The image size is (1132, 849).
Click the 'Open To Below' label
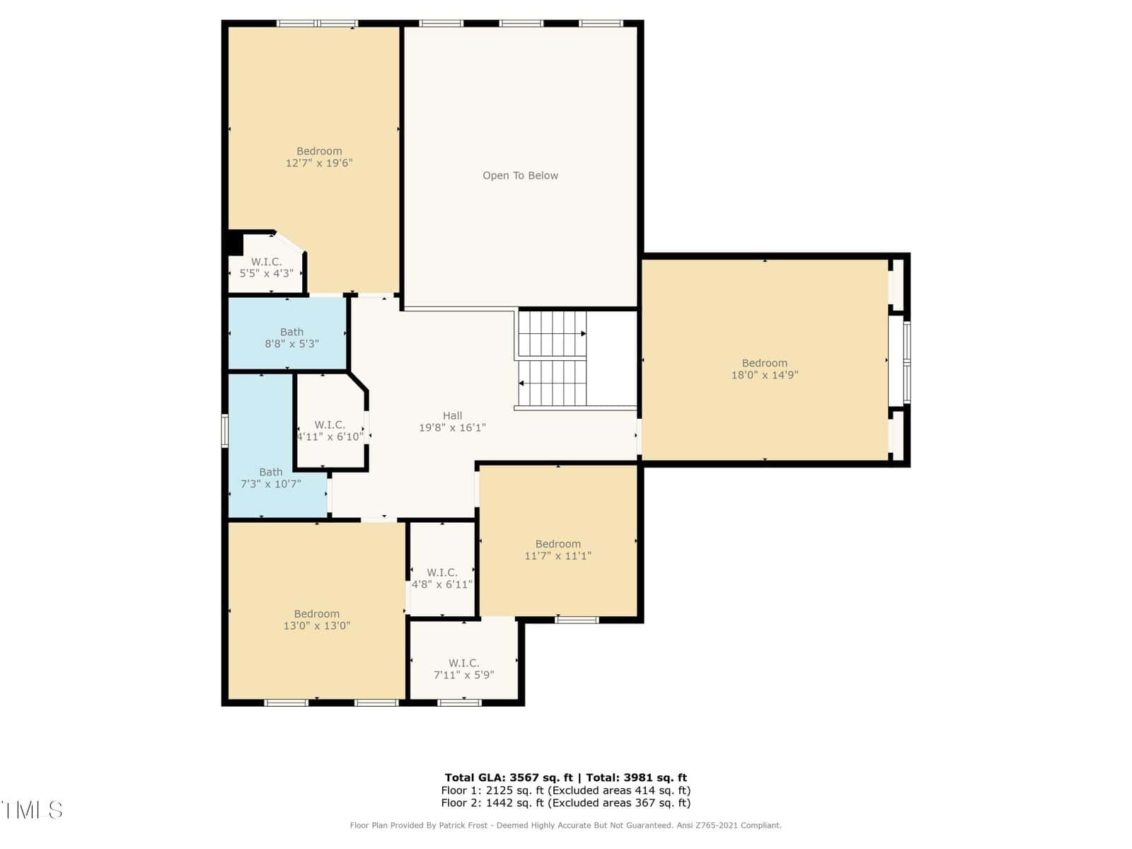point(520,175)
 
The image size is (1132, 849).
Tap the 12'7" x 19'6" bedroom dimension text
point(318,163)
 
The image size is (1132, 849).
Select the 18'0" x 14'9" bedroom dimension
point(764,375)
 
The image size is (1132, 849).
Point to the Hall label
point(452,415)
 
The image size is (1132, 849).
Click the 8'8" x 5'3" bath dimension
point(292,344)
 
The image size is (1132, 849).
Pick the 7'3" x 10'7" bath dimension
point(271,483)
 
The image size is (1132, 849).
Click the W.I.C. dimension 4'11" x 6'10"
point(330,437)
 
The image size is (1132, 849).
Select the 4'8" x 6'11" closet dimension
point(441,584)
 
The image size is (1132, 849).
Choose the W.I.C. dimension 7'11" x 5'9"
point(463,675)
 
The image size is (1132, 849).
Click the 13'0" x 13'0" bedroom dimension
point(317,626)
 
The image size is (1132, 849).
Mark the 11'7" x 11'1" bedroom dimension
point(558,555)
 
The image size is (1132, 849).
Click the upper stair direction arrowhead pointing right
point(583,333)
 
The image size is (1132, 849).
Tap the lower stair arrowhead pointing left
point(521,383)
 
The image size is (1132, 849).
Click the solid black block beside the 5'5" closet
point(235,243)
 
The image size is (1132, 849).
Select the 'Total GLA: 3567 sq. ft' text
point(509,778)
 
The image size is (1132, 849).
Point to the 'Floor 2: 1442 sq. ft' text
point(492,802)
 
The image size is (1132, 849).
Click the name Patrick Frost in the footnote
point(463,825)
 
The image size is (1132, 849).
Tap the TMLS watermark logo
point(32,810)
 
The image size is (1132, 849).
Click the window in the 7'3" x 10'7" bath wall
point(224,430)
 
